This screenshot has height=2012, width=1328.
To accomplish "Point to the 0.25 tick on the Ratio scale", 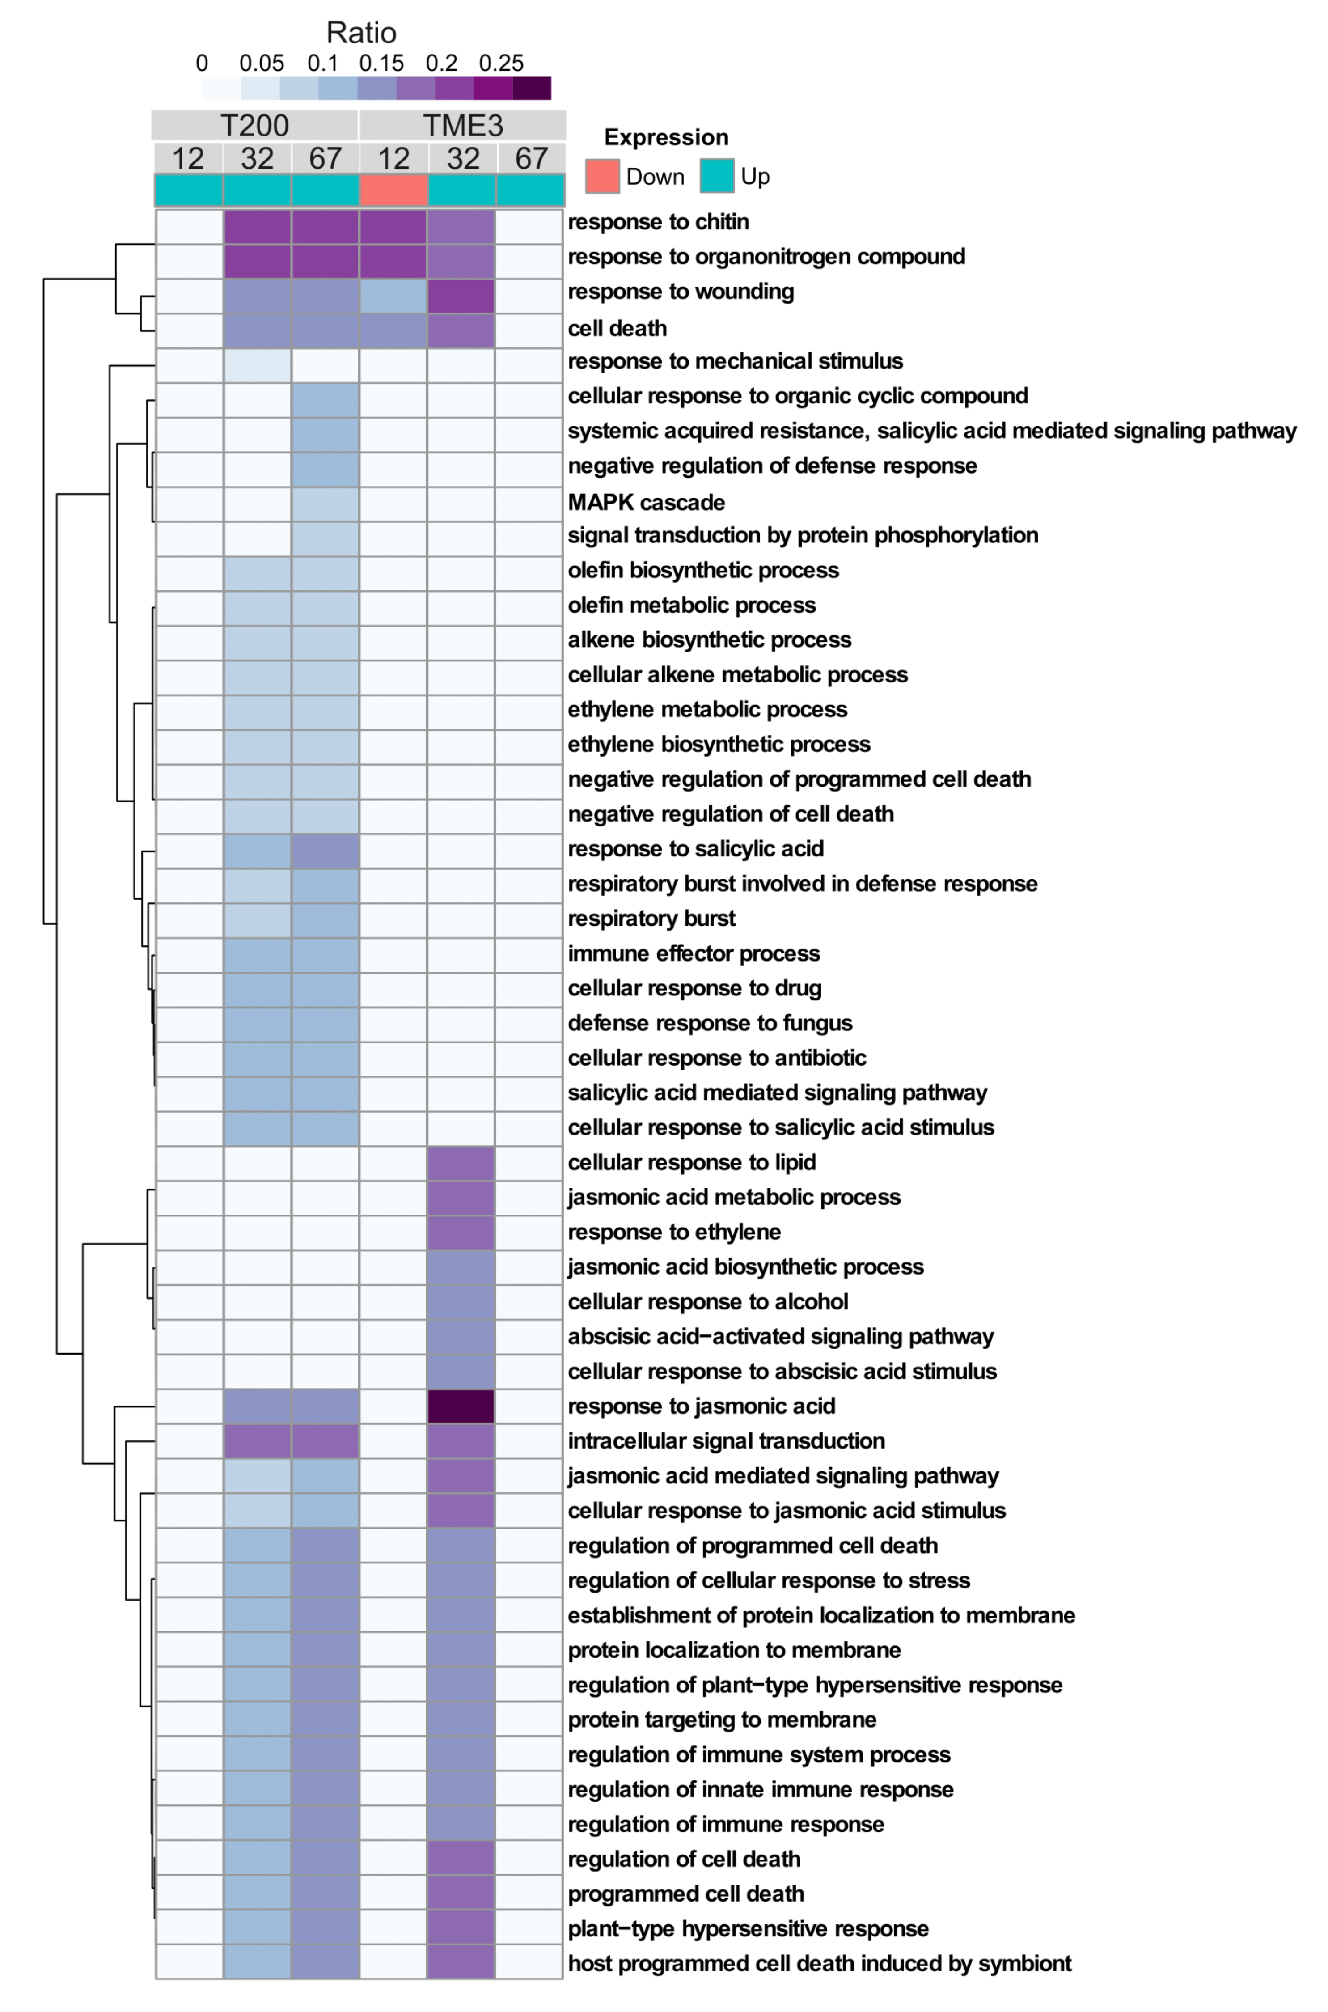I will pos(501,64).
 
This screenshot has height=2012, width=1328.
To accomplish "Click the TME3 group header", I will pos(462,125).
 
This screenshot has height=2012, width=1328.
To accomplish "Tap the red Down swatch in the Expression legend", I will pos(602,176).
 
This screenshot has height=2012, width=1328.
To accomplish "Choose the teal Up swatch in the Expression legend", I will pos(716,176).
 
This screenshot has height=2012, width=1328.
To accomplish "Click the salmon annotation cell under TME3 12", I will pos(393,190).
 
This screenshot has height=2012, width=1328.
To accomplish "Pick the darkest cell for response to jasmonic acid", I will pos(461,1406).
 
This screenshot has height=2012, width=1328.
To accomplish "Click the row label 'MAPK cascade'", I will pos(646,502).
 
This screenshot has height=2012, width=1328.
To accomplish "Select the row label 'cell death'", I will pos(617,328).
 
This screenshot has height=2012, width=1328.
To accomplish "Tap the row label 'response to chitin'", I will pos(658,222).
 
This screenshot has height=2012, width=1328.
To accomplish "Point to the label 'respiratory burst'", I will pos(651,918).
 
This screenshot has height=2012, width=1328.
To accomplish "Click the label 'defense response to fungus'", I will pos(710,1022).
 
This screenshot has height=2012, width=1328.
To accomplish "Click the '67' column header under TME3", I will pos(531,158).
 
